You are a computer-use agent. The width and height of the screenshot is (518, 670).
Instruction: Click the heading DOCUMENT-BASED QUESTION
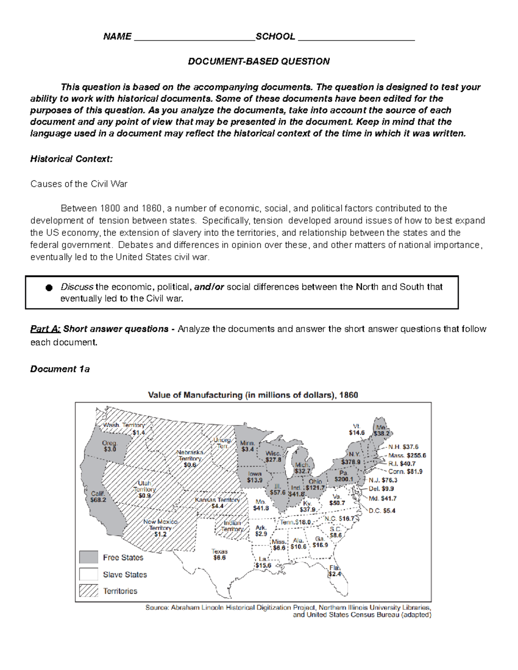click(259, 61)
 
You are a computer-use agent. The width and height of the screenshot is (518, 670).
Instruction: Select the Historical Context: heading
click(71, 159)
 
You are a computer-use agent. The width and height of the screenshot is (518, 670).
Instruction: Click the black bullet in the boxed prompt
click(49, 288)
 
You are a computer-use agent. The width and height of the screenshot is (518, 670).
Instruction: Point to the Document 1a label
click(60, 369)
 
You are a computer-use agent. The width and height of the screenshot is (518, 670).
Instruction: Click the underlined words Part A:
click(45, 329)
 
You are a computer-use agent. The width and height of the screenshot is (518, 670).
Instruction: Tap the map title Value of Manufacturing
click(253, 395)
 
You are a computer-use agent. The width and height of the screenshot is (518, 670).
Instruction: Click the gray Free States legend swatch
click(88, 557)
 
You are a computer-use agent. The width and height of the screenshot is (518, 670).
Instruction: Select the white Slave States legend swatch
click(88, 574)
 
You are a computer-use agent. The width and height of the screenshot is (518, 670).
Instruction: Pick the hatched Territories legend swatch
click(88, 591)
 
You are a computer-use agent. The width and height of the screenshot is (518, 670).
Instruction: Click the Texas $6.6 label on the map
click(219, 554)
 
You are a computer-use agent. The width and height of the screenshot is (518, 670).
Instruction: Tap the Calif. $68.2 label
click(98, 497)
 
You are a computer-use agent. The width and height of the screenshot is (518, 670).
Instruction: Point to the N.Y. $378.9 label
click(351, 458)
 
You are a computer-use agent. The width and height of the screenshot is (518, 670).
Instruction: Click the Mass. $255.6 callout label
click(407, 455)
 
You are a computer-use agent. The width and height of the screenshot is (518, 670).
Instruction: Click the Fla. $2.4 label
click(335, 571)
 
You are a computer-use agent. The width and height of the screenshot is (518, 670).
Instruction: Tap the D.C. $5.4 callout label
click(382, 510)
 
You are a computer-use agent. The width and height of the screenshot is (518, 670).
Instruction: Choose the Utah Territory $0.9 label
click(145, 490)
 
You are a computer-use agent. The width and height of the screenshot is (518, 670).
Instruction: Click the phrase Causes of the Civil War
click(79, 184)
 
